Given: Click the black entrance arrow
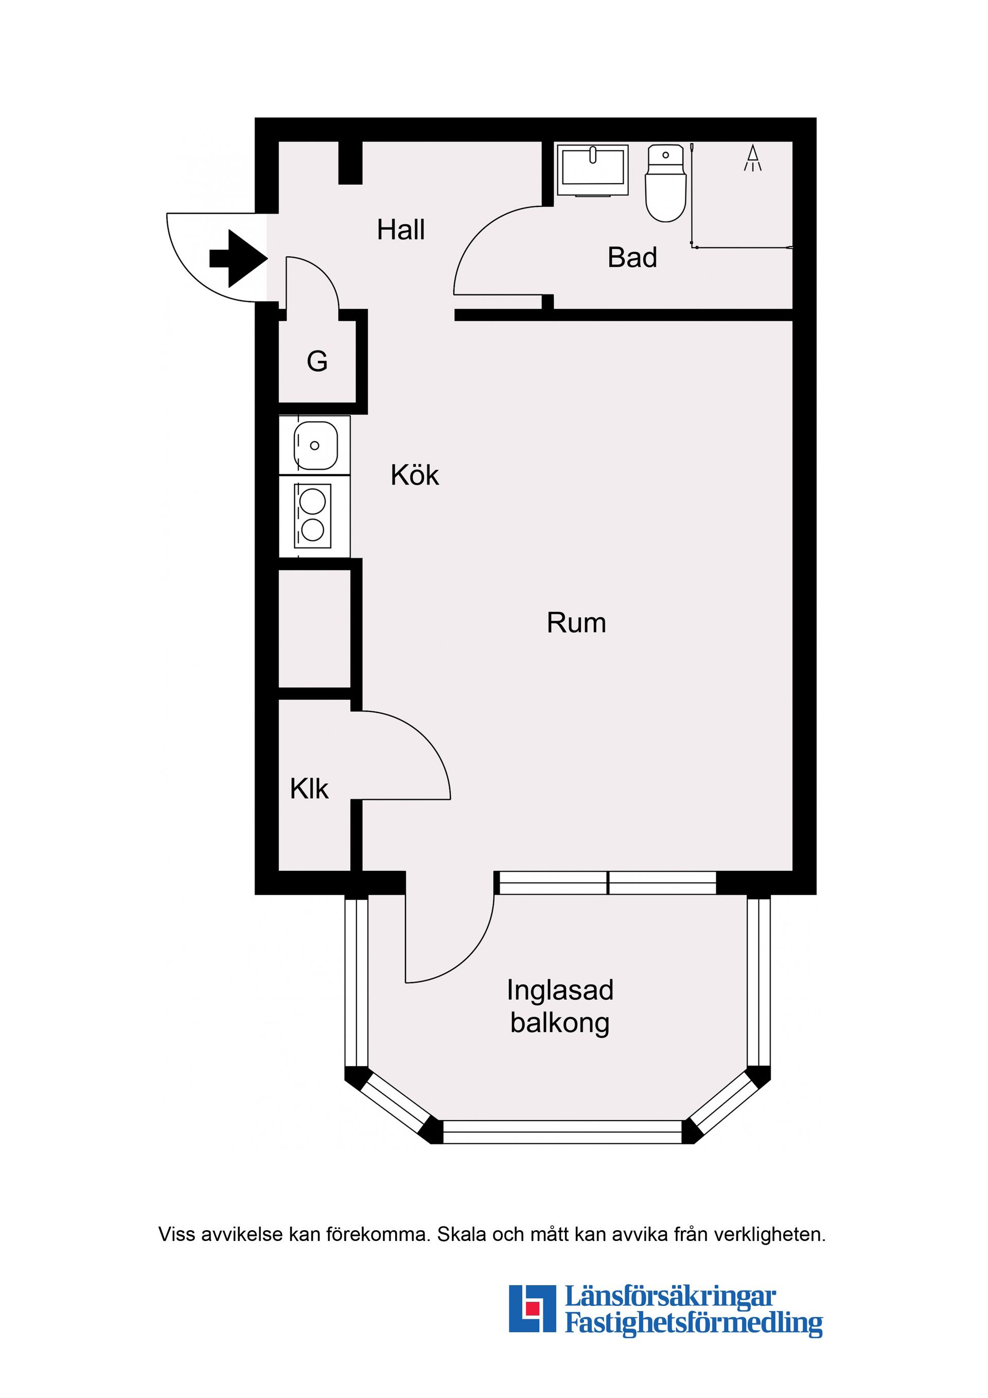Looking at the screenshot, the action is [239, 258].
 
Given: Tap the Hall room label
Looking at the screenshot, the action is [400, 230].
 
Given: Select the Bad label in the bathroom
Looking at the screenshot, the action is [632, 257].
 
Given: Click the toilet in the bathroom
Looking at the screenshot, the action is [665, 183].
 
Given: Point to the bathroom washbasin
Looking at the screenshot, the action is [592, 170].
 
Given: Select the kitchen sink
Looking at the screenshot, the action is [315, 445].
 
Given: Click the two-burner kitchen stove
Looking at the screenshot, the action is [313, 516].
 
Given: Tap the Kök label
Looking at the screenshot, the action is [415, 475].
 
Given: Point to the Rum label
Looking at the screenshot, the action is [576, 623].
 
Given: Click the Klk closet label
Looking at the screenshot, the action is [309, 789].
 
